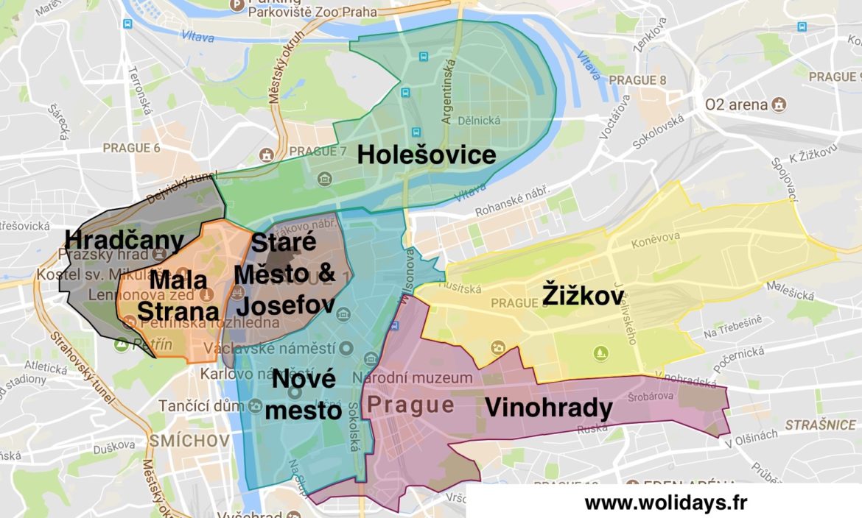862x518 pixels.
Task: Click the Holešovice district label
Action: click(427, 155)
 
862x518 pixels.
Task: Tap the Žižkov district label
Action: click(583, 297)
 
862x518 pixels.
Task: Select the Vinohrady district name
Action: click(548, 408)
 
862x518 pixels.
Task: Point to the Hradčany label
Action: click(125, 240)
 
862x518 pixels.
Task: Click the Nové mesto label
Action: click(304, 395)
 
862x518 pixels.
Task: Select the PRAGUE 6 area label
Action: click(131, 148)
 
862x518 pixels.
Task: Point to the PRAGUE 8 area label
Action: click(638, 79)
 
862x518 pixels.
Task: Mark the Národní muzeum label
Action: click(412, 378)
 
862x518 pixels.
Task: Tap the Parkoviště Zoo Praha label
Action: click(312, 12)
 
